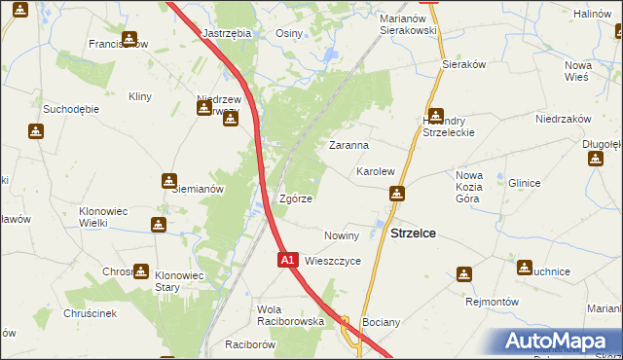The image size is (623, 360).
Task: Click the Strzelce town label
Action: pos(413,234)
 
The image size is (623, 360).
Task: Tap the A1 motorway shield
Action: pos(287,261)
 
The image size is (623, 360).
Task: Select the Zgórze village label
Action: pos(295,198)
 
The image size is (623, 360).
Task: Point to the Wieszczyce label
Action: pos(333,262)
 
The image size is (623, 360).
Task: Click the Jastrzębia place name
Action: pos(227,32)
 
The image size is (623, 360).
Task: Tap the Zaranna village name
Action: pos(348,145)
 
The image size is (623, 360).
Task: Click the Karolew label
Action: pos(375,171)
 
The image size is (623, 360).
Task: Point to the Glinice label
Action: pos(524,183)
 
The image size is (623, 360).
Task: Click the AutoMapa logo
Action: pos(556,342)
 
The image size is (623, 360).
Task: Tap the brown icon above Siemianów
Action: pos(169,180)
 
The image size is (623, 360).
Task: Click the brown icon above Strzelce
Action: pos(395,195)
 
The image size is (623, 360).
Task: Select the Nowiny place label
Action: pos(342,235)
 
